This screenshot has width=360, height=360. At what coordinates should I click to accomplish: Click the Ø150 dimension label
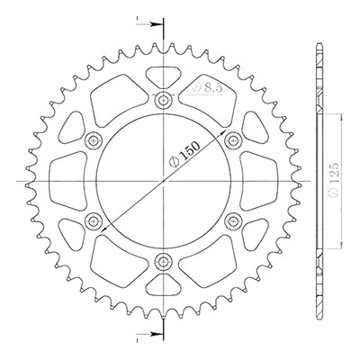(x=184, y=154)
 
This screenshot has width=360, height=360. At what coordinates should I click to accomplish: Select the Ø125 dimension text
(x=334, y=180)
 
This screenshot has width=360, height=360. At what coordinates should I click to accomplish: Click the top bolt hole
(x=164, y=100)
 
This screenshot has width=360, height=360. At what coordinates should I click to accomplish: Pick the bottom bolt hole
(x=164, y=262)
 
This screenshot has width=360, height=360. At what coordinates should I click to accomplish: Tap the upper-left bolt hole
(x=94, y=139)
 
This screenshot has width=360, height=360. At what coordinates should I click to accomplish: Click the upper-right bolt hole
(x=233, y=139)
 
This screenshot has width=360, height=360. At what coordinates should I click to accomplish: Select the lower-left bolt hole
(x=94, y=221)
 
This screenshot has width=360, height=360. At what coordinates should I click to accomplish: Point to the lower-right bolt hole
(x=233, y=221)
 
